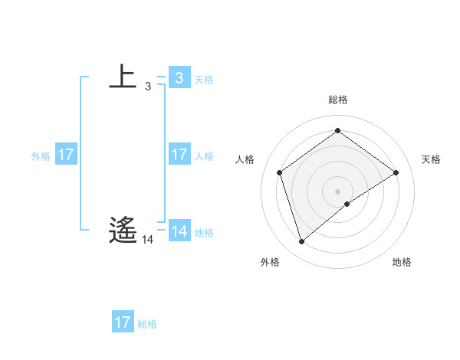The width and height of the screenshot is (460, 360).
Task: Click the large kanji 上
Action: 123,77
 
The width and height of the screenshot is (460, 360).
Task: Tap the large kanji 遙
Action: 123,231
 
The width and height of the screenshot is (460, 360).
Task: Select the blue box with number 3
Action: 179,77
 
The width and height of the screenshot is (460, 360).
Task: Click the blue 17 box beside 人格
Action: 179,155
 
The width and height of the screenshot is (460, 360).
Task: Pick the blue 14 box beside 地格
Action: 179,231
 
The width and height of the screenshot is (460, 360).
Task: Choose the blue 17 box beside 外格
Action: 65,155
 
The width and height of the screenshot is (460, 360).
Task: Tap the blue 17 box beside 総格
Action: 123,322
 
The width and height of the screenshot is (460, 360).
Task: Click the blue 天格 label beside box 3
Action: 204,79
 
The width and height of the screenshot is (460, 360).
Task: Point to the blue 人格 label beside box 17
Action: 204,156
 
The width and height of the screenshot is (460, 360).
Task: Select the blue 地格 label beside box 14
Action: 204,233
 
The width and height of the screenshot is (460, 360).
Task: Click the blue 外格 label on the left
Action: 41,156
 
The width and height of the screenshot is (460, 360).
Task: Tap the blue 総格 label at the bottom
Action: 147,324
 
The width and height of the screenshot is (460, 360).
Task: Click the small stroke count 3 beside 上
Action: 147,87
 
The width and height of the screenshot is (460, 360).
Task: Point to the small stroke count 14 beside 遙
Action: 147,240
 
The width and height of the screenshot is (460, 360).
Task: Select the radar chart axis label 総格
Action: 338,100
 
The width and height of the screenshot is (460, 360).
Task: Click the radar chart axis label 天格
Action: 432,159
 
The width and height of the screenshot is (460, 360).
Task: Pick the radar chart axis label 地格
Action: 402,262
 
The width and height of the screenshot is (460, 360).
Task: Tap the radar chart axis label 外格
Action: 270,262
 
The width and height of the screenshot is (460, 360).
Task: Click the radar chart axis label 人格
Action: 245,159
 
